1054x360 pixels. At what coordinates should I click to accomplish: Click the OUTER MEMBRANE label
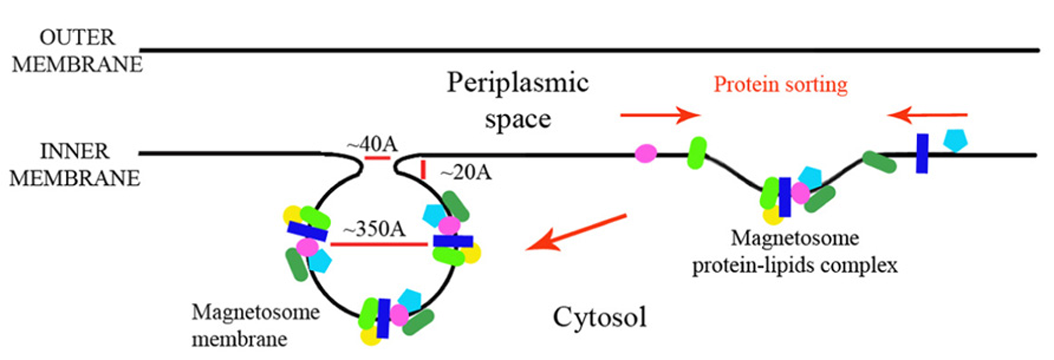coord(77,51)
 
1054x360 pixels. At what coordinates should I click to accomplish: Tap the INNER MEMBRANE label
coord(74,165)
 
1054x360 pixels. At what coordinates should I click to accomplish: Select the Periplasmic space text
coord(518,101)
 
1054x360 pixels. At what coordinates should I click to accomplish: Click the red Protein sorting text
coord(780,85)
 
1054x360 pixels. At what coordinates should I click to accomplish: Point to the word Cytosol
coord(600,317)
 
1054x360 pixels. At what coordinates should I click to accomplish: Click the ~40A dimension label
coord(372,144)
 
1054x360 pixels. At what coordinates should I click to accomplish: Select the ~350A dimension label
coord(374,229)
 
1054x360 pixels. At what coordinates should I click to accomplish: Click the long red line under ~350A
coord(379,245)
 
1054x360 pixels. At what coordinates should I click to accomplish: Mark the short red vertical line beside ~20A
coord(423,170)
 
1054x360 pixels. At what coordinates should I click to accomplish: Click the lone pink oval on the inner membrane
coord(646,153)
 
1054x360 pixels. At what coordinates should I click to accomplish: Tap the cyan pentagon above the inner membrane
coord(955,140)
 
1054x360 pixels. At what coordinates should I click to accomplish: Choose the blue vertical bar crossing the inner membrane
coord(922,153)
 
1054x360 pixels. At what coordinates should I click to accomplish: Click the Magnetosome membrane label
coord(255,325)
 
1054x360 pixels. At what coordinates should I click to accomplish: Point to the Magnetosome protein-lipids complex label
coord(795,252)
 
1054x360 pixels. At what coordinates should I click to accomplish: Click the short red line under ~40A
coord(377,158)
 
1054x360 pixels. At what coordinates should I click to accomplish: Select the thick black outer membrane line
coord(588,51)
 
